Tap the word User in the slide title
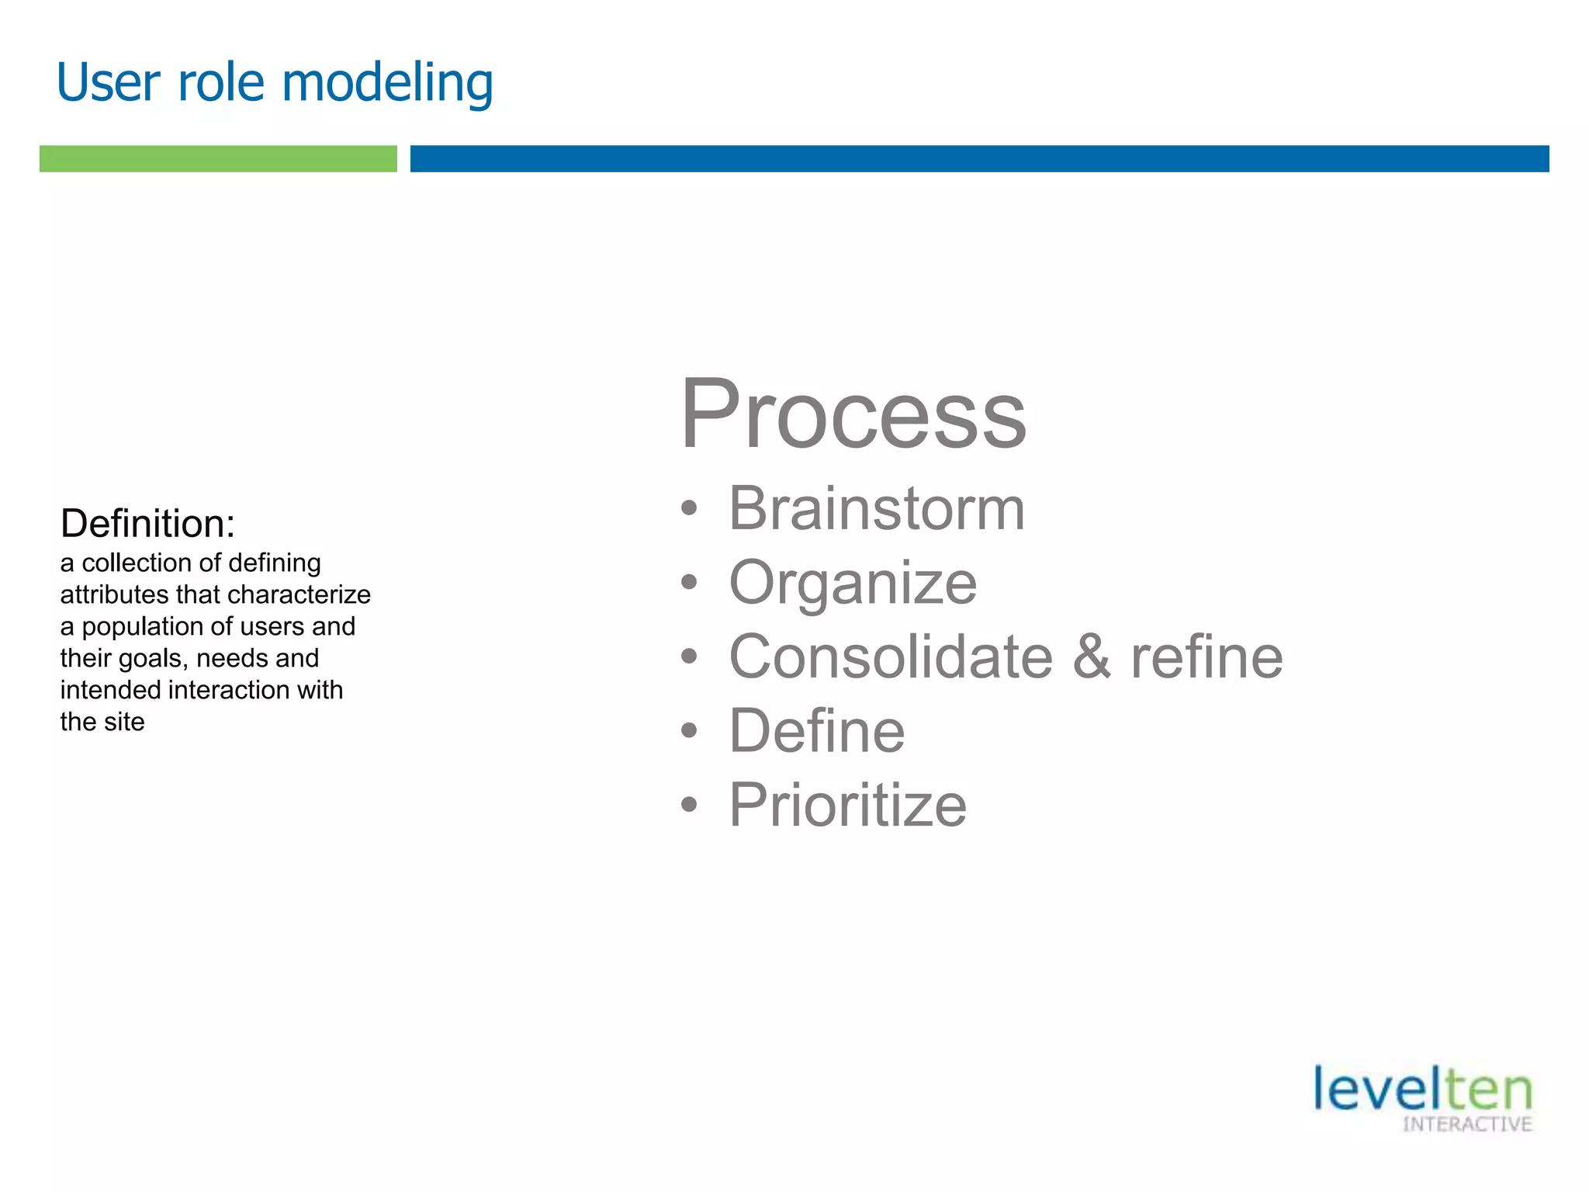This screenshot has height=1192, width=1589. tap(108, 83)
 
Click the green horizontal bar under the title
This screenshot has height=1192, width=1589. tap(218, 158)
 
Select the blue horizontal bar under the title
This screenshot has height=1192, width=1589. tap(979, 158)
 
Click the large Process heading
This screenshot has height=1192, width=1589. tap(853, 414)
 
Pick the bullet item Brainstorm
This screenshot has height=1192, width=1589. tap(876, 508)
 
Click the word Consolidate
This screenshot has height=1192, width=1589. tap(890, 657)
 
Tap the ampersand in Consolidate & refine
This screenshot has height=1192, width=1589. tap(1092, 657)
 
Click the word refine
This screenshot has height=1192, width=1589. tap(1206, 657)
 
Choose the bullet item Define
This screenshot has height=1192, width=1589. tap(816, 731)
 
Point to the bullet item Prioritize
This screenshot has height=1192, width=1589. tap(847, 805)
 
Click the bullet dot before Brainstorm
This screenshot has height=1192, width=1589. tap(689, 510)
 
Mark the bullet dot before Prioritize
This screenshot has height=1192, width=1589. tap(689, 806)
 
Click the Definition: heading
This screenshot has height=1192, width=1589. tap(147, 524)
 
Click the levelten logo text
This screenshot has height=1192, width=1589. tap(1421, 1090)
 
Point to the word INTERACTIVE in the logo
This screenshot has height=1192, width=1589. tap(1466, 1124)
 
